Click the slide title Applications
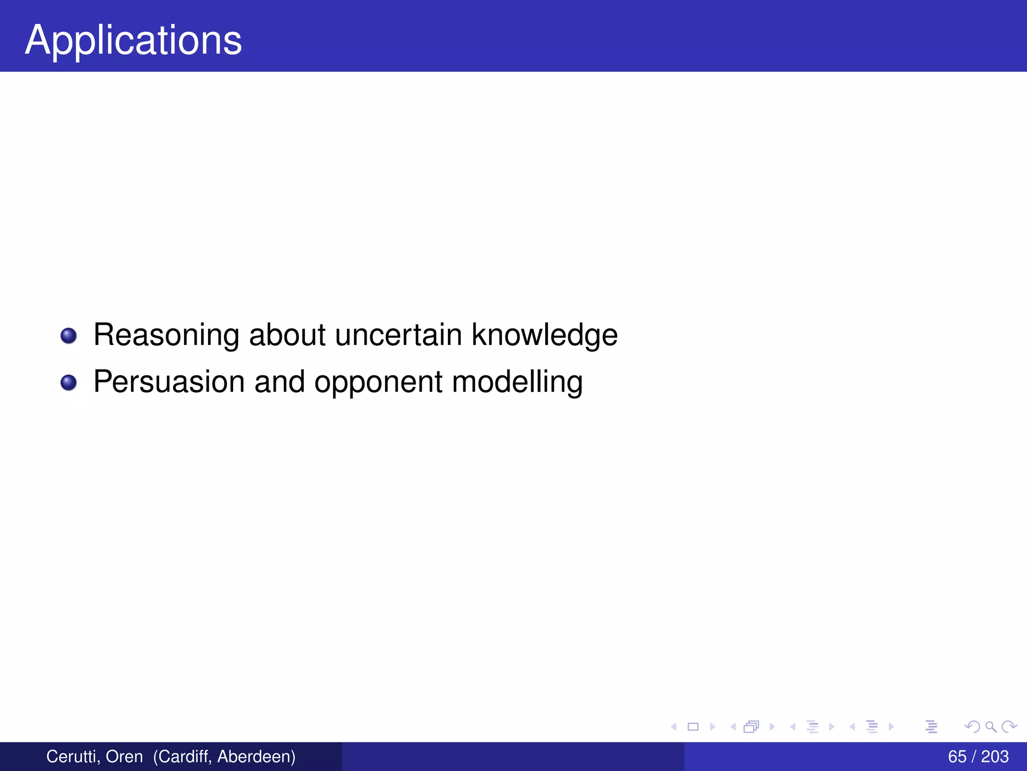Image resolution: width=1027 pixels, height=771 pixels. (133, 40)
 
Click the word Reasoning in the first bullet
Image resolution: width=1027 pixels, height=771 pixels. (166, 335)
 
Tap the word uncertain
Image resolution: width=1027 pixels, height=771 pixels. (398, 335)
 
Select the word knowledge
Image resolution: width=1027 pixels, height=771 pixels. (545, 335)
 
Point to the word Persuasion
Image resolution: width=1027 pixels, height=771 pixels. (169, 382)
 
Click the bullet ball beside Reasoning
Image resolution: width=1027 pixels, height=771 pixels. (69, 336)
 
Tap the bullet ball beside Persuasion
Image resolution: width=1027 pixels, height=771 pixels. (69, 382)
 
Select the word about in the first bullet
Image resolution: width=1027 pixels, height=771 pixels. (287, 335)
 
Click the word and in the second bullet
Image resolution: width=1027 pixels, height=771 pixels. (279, 382)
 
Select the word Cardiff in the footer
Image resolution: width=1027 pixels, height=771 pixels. (182, 756)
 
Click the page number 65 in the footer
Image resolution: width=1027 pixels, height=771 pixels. (957, 756)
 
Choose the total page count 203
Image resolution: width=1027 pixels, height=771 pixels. (995, 756)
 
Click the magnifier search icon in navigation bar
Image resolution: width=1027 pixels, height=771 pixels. (990, 726)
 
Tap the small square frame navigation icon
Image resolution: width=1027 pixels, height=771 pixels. (693, 726)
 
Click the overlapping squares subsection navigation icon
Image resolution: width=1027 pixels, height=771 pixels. (751, 726)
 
